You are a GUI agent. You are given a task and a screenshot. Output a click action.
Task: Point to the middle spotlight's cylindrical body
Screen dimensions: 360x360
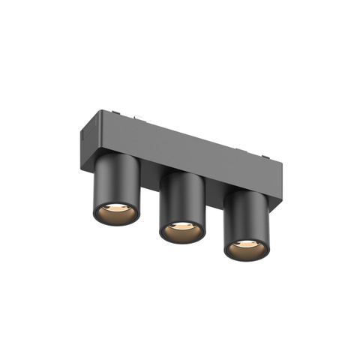(x=181, y=196)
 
